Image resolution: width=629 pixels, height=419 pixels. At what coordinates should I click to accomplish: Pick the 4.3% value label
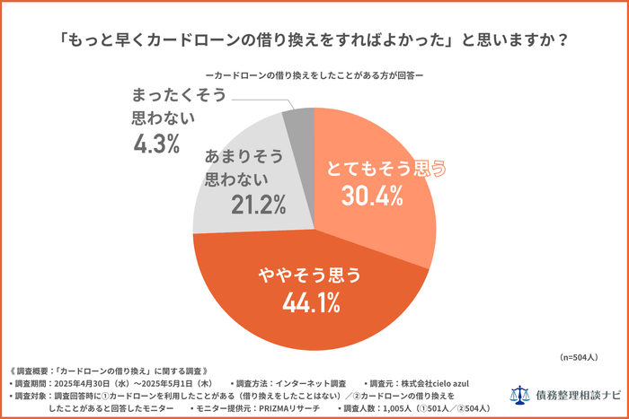click(x=156, y=142)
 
